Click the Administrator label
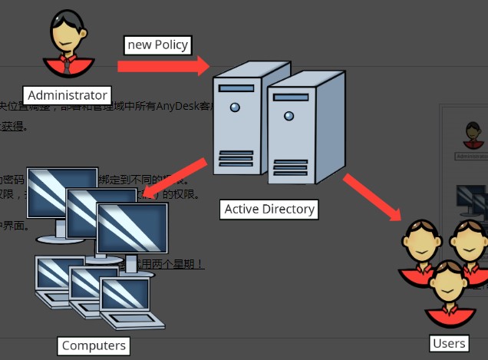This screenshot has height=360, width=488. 67,95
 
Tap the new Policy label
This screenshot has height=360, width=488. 157,45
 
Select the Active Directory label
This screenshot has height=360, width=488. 269,208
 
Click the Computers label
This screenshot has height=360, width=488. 94,345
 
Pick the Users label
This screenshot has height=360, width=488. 449,343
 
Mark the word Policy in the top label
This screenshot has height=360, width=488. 171,45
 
